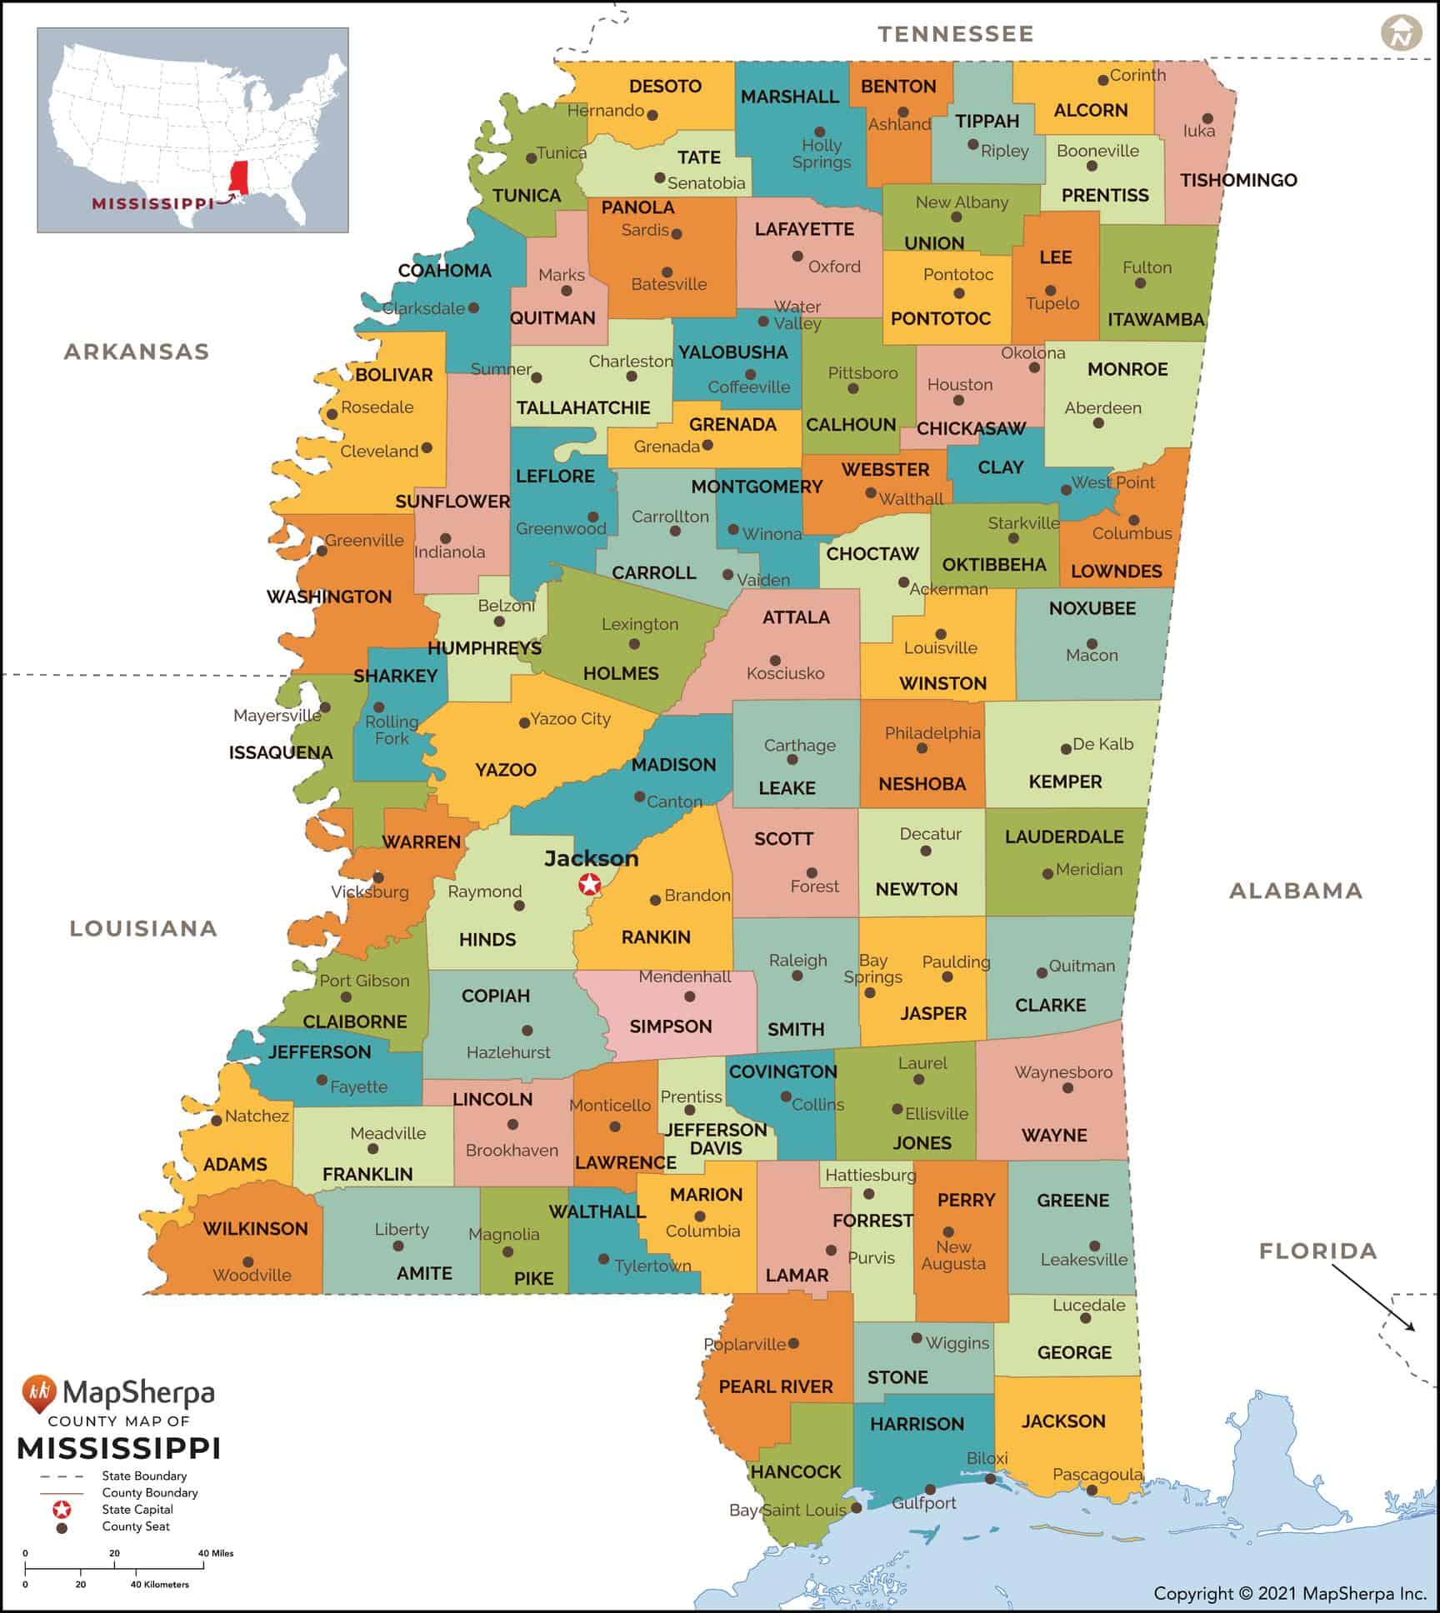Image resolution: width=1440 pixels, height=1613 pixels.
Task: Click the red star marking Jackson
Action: pos(590,884)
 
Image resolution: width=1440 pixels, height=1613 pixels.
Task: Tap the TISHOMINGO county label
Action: pos(1238,180)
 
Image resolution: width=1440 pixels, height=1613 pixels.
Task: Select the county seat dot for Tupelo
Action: pos(1050,291)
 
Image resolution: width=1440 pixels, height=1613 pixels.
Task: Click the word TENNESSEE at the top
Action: pos(955,34)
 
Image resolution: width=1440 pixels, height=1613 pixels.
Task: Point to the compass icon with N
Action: pos(1401,33)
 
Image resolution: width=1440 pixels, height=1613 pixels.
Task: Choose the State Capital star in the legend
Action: pos(62,1509)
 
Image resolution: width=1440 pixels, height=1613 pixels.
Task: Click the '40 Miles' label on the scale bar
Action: pos(216,1553)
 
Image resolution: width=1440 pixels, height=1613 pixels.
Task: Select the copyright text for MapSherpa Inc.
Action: pos(1290,1594)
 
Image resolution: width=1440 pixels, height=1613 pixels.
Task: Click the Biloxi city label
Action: pos(987,1458)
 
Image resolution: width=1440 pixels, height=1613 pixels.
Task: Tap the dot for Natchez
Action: pos(217,1121)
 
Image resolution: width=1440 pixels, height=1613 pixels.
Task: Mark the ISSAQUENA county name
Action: pos(281,752)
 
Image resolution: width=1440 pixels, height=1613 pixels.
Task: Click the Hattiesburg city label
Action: pos(870,1175)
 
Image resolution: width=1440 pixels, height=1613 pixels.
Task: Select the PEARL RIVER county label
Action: pos(775,1386)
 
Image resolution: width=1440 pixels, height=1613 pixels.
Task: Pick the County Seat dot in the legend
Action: pos(62,1528)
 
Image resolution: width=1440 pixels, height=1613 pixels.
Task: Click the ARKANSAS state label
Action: pos(137,352)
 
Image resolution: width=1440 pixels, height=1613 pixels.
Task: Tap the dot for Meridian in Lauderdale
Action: pos(1047,874)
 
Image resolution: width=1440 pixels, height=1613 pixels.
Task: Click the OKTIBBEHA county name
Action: pos(993,565)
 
